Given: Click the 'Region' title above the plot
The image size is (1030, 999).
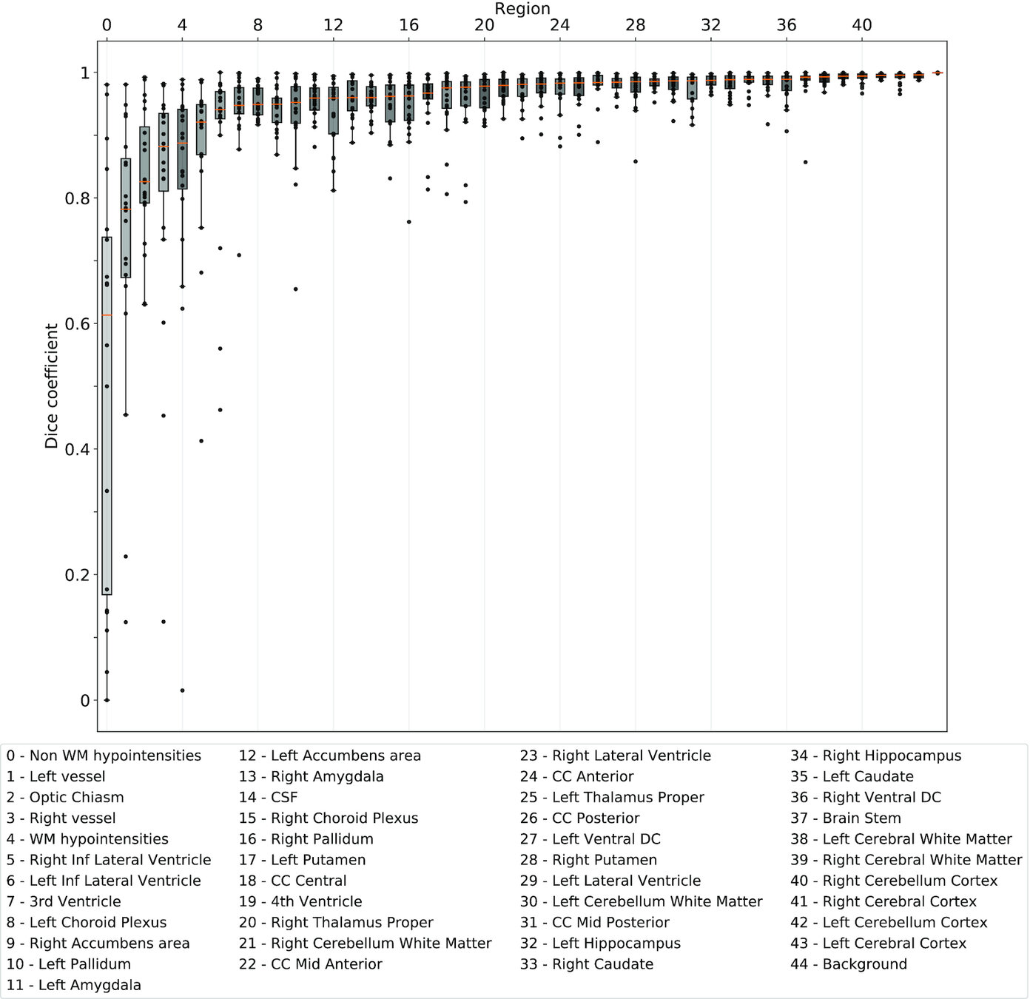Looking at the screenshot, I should point(522,9).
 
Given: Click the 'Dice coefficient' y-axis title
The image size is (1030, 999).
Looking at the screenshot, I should point(51,386).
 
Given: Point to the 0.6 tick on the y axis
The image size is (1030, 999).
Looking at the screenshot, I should point(74,324).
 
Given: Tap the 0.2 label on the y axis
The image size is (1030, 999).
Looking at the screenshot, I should point(74,575).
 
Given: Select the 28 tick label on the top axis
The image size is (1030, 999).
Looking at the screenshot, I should point(635,25).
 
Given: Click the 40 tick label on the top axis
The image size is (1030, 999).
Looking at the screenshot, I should point(861,25).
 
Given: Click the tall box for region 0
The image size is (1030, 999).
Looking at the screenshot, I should point(107,415).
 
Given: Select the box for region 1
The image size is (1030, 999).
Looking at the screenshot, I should point(126,218).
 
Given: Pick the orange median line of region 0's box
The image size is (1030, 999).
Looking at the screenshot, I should point(107,315).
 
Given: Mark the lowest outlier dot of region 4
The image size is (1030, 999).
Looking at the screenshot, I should point(182,690).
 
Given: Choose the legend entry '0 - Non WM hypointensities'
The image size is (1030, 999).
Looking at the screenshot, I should point(104,756).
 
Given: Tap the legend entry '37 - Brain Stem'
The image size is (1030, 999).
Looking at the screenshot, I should point(845,818).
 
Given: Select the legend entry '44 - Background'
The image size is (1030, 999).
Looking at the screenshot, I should point(848,963).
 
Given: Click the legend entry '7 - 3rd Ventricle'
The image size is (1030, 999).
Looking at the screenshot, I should point(64,901).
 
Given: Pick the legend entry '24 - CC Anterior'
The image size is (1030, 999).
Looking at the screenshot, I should point(576,776).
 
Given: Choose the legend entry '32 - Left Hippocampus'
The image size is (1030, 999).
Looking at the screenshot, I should point(599,943).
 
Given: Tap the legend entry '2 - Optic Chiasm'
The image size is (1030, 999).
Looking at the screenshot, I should point(65,797).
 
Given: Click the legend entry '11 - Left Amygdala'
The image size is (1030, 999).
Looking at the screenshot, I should point(73,984).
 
